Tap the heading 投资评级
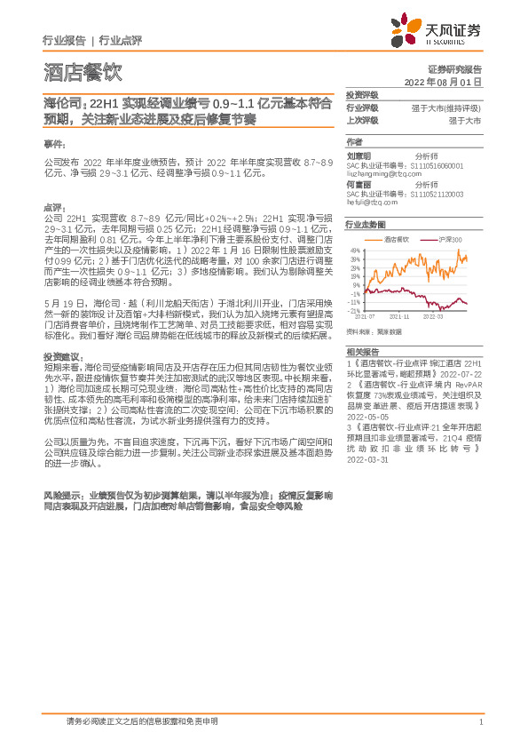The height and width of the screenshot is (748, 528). coord(362,95)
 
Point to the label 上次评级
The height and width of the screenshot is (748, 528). coord(362,118)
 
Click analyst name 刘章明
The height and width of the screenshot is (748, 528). coord(359,155)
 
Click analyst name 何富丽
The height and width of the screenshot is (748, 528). coord(359,187)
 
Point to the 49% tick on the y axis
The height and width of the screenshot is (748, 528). coord(355,251)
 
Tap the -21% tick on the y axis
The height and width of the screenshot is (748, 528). coord(354,311)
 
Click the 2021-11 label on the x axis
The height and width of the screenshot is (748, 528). coord(399,315)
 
